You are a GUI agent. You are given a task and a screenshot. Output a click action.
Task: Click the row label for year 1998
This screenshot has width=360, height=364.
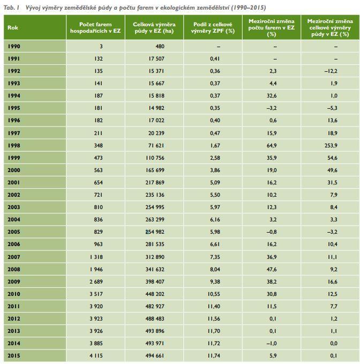click(x=14, y=146)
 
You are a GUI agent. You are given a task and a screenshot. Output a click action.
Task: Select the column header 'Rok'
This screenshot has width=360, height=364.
click(x=12, y=28)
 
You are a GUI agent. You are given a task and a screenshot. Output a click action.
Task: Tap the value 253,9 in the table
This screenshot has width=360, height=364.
click(x=331, y=146)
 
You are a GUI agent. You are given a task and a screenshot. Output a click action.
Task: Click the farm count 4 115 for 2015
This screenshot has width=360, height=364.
click(x=96, y=355)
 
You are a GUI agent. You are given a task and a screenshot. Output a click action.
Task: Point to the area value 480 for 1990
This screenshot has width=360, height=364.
click(x=160, y=47)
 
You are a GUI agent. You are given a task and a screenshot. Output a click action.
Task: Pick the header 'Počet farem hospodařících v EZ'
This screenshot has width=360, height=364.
click(x=95, y=28)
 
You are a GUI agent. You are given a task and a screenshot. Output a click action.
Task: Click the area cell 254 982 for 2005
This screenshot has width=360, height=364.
click(x=155, y=232)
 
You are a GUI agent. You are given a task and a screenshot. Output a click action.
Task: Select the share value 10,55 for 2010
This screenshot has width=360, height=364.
click(x=214, y=294)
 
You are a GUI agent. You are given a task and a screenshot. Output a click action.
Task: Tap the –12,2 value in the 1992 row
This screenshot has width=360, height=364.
click(x=331, y=71)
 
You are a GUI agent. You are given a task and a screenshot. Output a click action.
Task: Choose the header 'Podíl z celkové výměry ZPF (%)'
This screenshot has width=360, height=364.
click(x=213, y=28)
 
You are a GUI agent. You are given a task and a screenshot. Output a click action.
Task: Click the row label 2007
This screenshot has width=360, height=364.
click(x=14, y=257)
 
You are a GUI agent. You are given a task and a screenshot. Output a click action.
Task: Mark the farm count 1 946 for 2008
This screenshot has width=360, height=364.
click(x=96, y=269)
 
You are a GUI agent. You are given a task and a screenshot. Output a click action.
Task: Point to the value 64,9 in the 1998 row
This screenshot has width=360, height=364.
click(x=272, y=146)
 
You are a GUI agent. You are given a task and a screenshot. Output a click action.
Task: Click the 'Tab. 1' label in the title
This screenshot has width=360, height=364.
click(x=11, y=8)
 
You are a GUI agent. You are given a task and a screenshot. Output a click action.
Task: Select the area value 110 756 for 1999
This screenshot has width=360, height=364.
click(x=155, y=158)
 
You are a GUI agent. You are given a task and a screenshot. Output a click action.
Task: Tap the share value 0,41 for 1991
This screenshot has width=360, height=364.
click(x=215, y=59)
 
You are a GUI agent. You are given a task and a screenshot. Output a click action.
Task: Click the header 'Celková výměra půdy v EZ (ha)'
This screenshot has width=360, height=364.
click(x=154, y=28)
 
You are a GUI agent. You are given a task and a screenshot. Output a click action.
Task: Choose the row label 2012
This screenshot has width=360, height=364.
click(x=14, y=319)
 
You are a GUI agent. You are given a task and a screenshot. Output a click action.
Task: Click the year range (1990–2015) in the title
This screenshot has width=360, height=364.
click(x=248, y=8)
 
